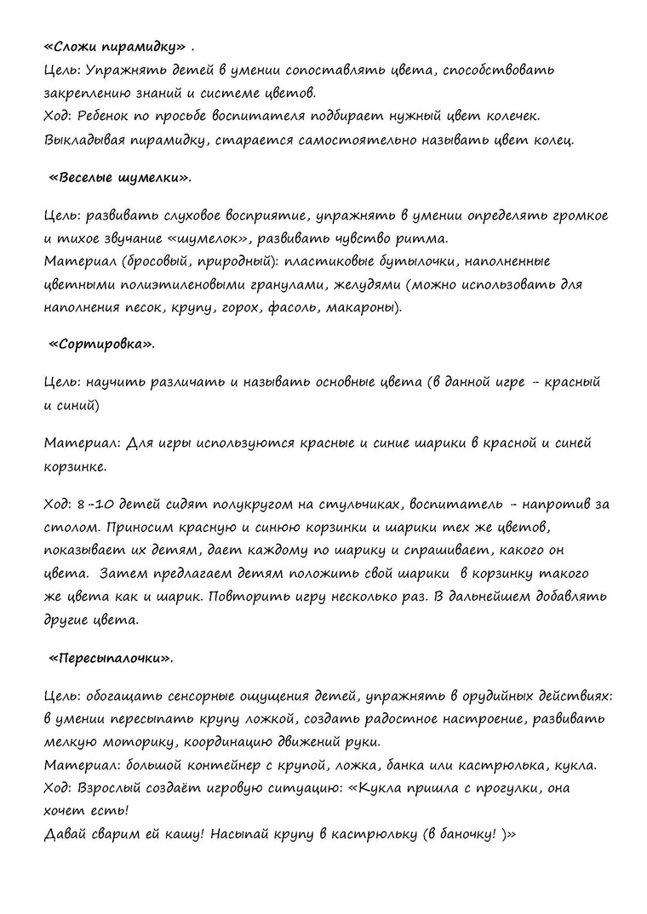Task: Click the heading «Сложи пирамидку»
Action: pyautogui.click(x=114, y=45)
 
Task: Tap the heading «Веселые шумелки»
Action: pyautogui.click(x=120, y=179)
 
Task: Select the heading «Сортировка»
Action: pyautogui.click(x=101, y=345)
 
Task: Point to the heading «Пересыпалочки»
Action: pyautogui.click(x=111, y=658)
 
